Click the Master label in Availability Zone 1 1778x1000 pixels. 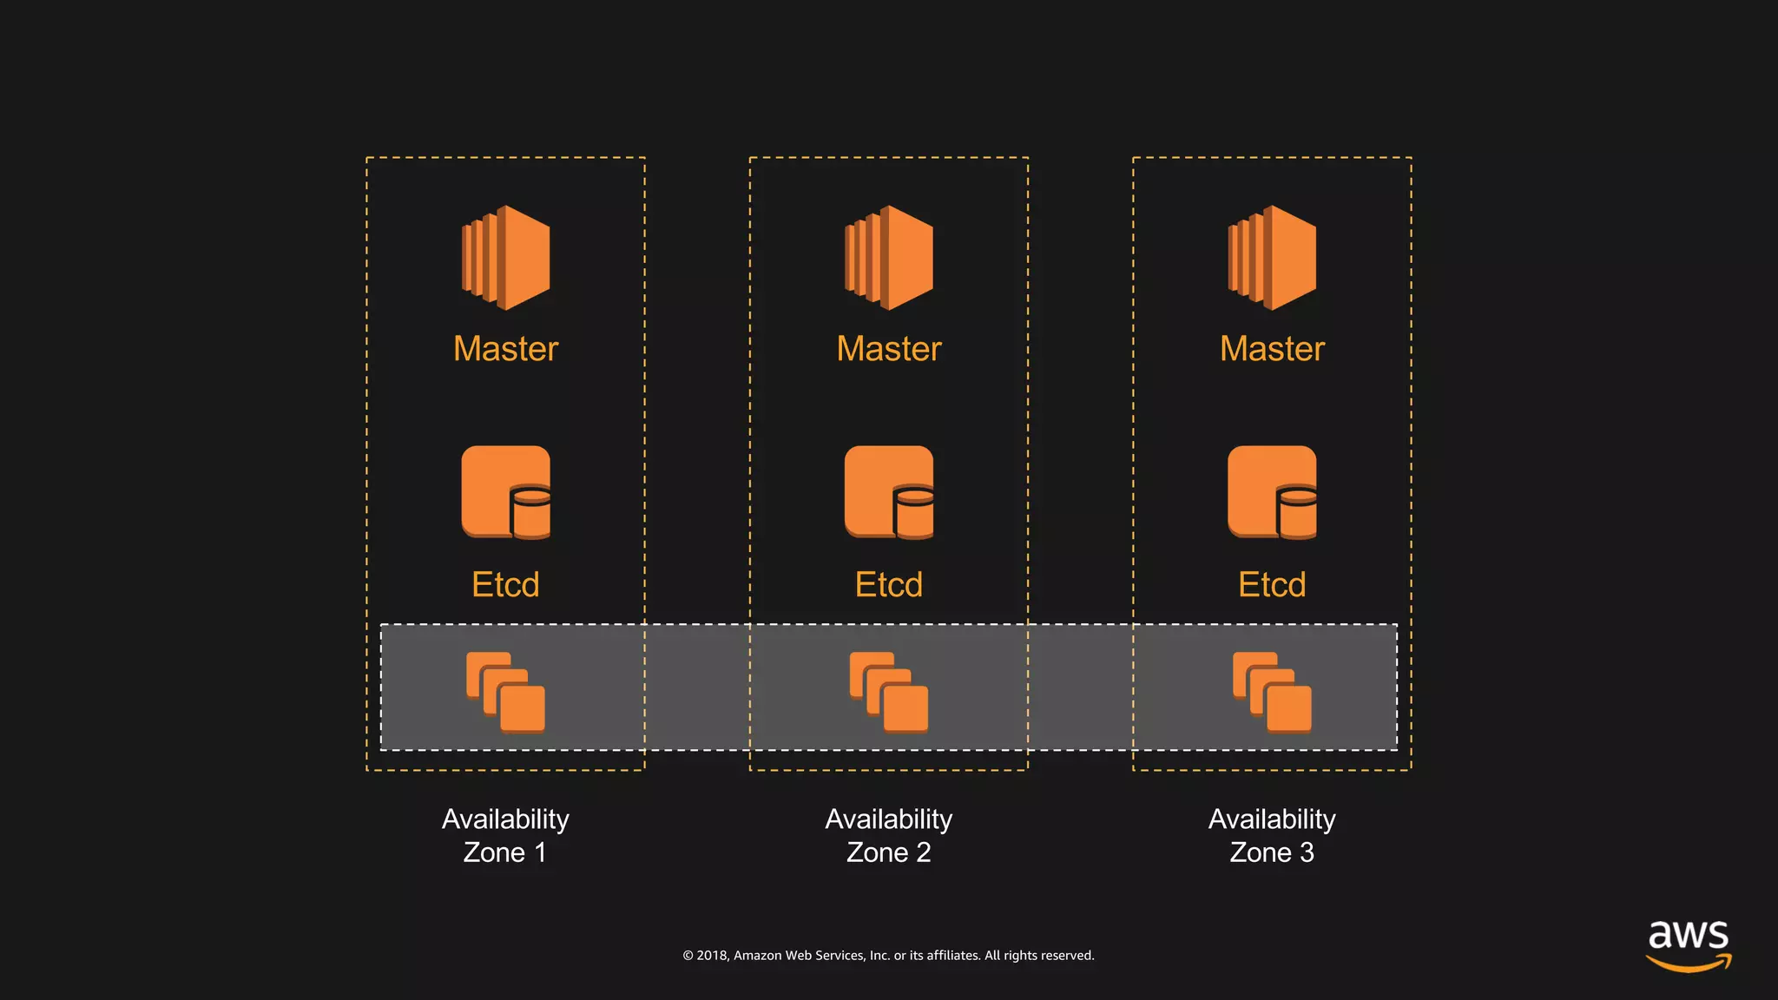pos(505,349)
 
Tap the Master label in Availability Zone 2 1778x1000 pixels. pos(888,349)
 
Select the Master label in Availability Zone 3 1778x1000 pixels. pos(1272,349)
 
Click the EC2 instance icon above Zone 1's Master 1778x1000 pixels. pos(505,258)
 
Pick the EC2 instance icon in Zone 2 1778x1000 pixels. pos(888,258)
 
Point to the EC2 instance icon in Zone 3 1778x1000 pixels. pos(1272,258)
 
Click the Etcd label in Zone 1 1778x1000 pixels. pos(505,585)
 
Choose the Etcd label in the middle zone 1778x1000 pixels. pos(888,585)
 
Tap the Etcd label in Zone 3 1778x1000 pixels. pos(1272,585)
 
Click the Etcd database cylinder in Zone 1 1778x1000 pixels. pos(530,512)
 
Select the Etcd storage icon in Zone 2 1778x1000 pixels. pos(888,492)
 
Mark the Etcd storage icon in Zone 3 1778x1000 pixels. pos(1272,492)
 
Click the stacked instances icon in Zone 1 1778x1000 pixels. pos(505,692)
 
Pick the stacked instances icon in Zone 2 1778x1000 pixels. pos(888,692)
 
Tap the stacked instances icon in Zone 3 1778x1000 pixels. pos(1272,692)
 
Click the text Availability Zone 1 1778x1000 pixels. pos(505,835)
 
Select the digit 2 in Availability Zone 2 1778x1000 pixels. pos(923,853)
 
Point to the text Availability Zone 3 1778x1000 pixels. pos(1272,835)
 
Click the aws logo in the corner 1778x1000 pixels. pos(1688,944)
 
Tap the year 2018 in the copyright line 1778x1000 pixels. pos(712,956)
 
